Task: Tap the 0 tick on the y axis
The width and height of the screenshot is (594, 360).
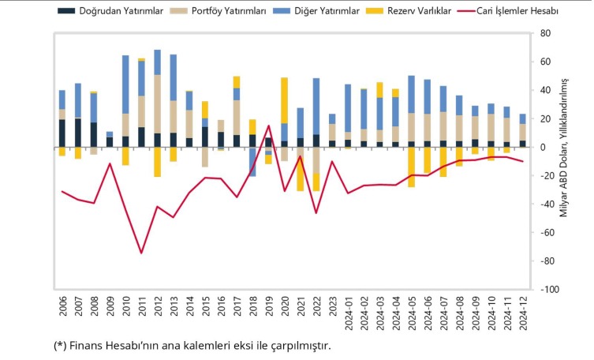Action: coord(544,147)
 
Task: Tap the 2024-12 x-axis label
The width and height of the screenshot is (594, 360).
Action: coord(523,305)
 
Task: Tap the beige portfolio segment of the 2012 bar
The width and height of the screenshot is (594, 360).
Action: coord(158,103)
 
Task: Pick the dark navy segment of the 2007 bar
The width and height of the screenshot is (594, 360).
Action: coord(77,133)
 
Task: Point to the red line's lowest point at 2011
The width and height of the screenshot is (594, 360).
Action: coord(142,253)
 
